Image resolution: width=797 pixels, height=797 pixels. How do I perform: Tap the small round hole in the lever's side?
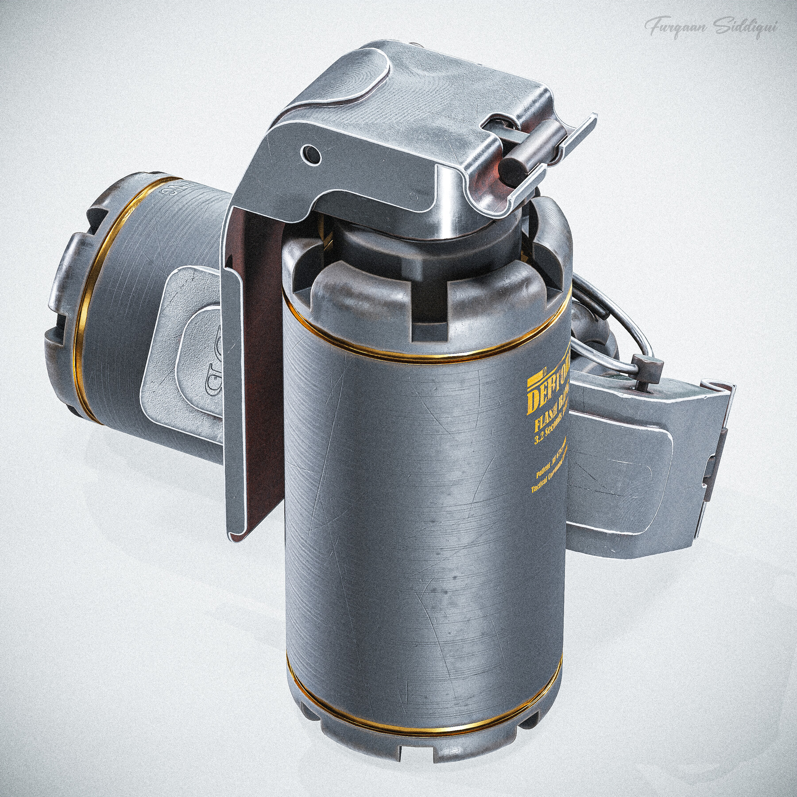[309, 153]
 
